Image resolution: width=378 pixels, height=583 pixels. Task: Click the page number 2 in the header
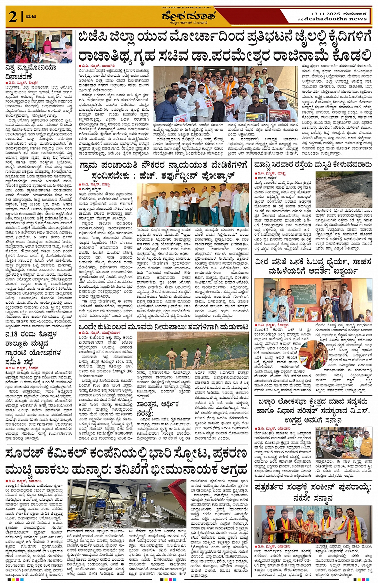coord(13,17)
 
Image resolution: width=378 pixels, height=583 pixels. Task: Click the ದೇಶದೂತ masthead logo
coord(188,16)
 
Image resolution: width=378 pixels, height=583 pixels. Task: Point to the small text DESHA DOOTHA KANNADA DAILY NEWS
coord(186,8)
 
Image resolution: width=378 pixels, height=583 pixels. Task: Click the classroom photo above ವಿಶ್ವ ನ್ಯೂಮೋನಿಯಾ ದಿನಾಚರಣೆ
coord(39,46)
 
